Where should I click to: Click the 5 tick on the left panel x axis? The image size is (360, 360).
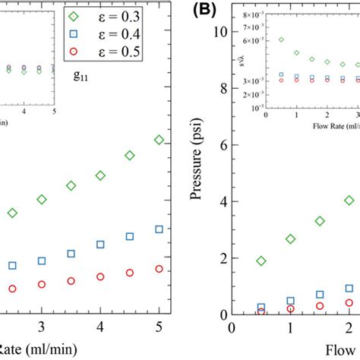[x=159, y=326]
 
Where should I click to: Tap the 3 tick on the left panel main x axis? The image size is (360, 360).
[x=42, y=326]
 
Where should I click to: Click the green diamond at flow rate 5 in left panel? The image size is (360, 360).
[x=159, y=140]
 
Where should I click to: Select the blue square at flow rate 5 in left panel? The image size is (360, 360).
[x=159, y=229]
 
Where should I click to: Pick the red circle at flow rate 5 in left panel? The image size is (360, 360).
[x=159, y=269]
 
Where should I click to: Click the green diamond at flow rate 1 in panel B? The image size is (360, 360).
[x=290, y=239]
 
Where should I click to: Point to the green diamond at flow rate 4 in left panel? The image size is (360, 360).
[x=100, y=175]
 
